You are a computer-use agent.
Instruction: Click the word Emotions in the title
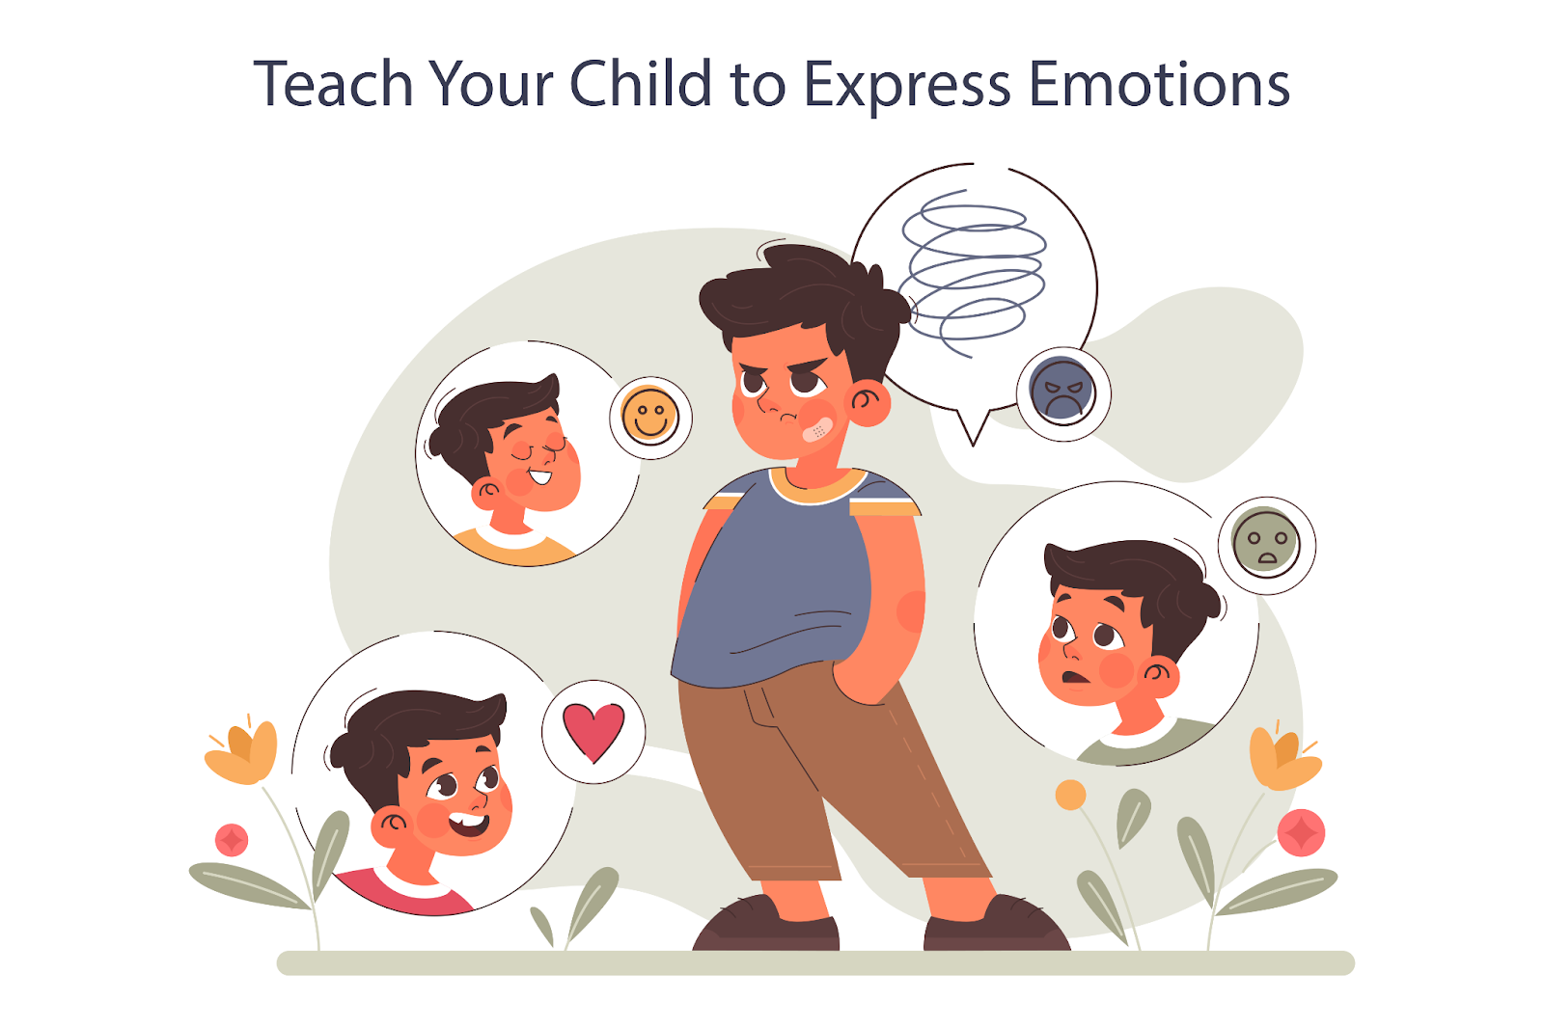[x=1159, y=83]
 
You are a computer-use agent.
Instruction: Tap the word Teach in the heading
[x=333, y=83]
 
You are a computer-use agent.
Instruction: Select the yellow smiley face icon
[x=650, y=416]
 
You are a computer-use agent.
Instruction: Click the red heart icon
[x=593, y=731]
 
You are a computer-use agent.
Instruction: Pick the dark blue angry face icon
[x=1062, y=391]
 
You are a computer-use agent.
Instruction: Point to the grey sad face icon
[x=1265, y=543]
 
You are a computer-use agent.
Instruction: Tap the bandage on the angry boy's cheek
[x=819, y=429]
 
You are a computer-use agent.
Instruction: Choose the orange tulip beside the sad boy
[x=1283, y=758]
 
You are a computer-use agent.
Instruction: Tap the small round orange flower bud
[x=1070, y=795]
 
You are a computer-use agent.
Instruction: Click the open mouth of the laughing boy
[x=470, y=825]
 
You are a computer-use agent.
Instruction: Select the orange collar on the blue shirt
[x=818, y=485]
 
